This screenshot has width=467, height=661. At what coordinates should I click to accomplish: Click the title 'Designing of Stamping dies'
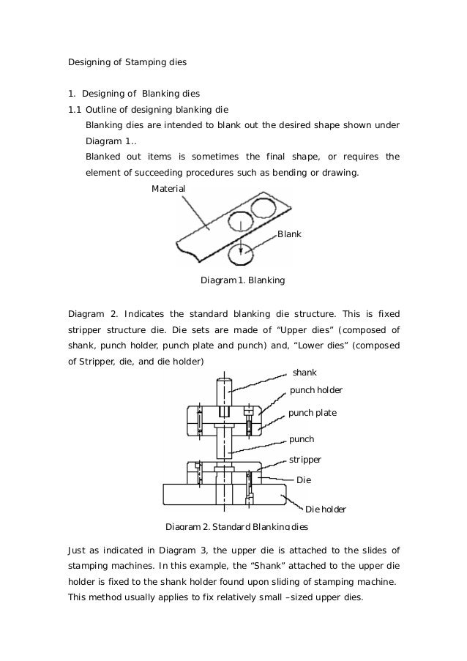(x=127, y=62)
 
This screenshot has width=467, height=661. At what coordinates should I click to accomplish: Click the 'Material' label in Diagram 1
(x=168, y=189)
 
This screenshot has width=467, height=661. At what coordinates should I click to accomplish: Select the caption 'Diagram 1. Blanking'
(x=242, y=280)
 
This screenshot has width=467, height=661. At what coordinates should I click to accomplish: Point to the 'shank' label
(x=304, y=372)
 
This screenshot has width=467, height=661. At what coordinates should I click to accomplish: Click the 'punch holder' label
(x=316, y=390)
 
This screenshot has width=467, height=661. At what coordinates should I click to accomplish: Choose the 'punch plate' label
(x=313, y=413)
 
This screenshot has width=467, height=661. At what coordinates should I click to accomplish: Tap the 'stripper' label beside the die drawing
(x=306, y=460)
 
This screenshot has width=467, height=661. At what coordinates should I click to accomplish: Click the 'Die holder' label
(x=325, y=509)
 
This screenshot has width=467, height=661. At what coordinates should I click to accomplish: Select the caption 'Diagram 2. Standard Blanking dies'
(x=237, y=527)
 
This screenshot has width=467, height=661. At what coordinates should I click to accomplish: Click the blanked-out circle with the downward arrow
(x=240, y=254)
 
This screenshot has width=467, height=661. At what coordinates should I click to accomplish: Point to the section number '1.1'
(x=75, y=111)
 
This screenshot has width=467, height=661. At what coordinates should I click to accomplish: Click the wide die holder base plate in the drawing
(x=227, y=494)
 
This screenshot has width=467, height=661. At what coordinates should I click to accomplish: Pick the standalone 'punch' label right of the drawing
(x=302, y=439)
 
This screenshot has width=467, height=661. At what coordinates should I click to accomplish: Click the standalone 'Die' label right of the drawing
(x=303, y=480)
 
